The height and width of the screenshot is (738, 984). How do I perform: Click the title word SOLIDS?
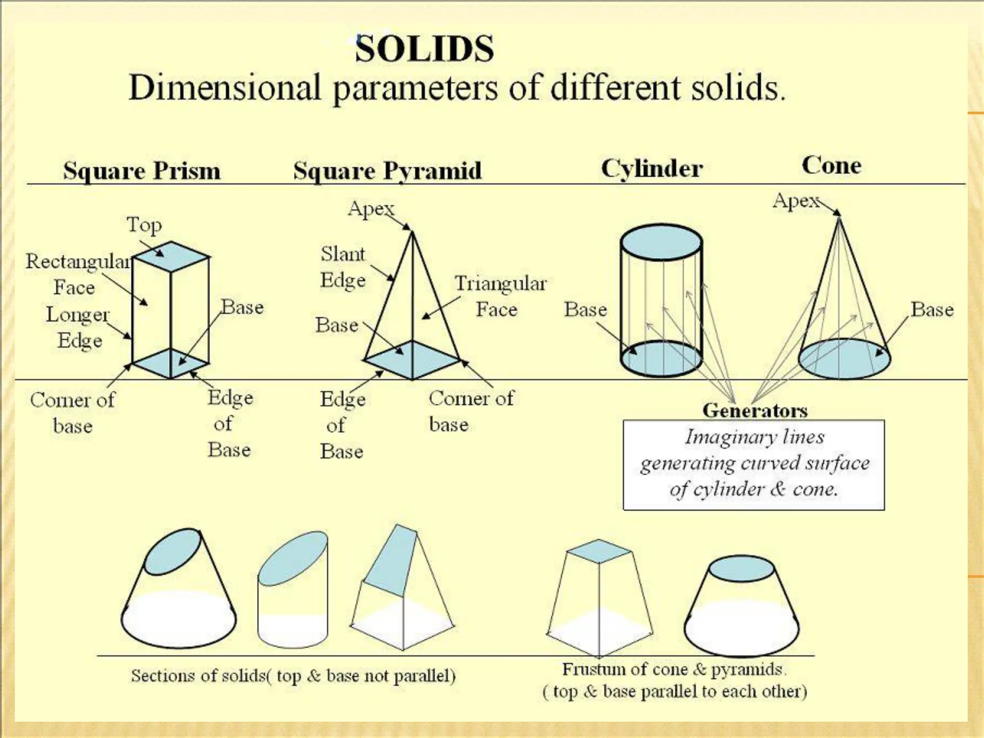point(424,49)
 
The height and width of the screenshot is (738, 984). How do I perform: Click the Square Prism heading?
point(142,171)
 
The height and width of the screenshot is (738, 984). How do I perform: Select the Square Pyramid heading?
point(387,171)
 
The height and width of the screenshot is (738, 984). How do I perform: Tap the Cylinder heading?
point(652,169)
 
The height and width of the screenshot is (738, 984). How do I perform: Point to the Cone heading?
point(831,165)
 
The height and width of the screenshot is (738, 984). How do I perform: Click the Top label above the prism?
point(144,225)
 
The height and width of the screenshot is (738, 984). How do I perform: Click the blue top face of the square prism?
point(171,256)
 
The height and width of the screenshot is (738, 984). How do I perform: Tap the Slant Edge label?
point(343,267)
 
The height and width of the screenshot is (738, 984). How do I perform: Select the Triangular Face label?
point(500,296)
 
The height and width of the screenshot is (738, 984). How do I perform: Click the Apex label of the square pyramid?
point(371,209)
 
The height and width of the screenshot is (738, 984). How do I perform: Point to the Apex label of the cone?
point(796,200)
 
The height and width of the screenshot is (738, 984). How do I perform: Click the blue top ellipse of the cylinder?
point(661,243)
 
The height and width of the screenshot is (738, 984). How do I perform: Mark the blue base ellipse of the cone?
point(844,359)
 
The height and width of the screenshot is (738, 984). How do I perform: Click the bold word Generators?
point(755,410)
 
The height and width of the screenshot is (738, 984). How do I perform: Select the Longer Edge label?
point(78,327)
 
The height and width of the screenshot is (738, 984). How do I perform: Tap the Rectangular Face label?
point(77,274)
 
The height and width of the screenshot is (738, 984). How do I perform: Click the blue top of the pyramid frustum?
point(598,551)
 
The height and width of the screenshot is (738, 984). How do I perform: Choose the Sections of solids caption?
point(293,676)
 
